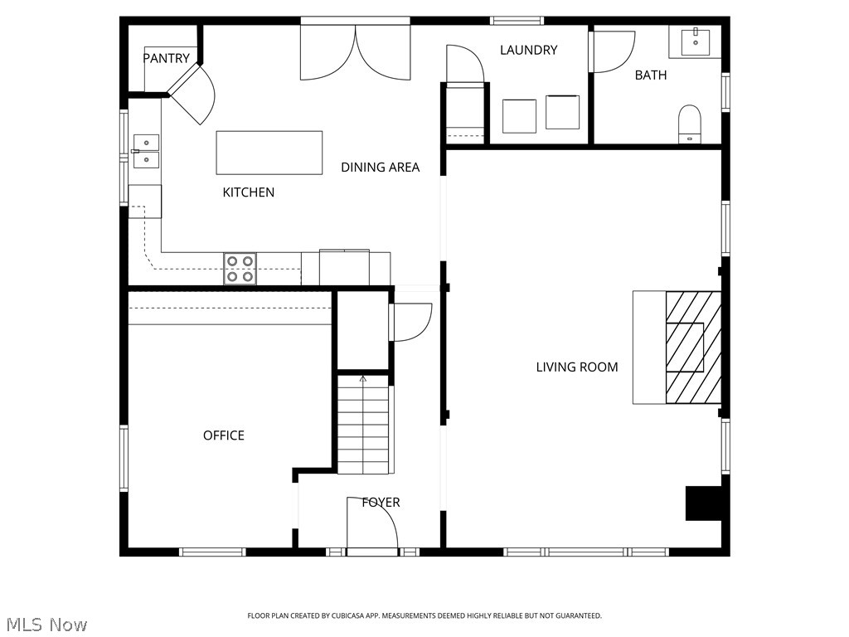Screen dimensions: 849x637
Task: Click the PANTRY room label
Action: tap(166, 58)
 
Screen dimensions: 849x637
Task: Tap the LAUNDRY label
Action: tap(528, 50)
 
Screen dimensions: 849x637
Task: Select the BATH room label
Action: tap(650, 75)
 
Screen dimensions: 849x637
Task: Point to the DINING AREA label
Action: tap(380, 168)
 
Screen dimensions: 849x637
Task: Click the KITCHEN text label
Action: tap(249, 192)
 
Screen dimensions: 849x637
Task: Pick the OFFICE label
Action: tap(224, 435)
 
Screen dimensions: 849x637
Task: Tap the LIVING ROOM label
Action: tap(577, 367)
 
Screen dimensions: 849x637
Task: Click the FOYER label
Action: tap(381, 503)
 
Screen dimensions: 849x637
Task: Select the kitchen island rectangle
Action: tap(269, 153)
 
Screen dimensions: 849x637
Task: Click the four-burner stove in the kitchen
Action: tap(240, 269)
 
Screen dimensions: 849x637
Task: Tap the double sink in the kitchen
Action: tap(146, 151)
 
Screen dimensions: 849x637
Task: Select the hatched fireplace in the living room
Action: tap(693, 348)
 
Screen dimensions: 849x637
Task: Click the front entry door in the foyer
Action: tap(372, 524)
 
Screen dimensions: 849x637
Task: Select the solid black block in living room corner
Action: tap(703, 503)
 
